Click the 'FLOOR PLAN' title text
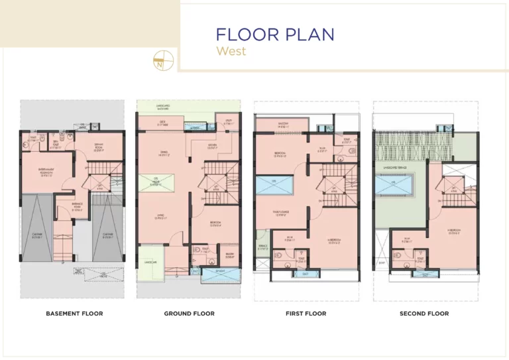(275, 34)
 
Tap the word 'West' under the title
(231, 51)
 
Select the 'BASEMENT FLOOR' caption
(74, 314)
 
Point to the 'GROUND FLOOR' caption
(189, 314)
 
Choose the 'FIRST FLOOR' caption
(306, 314)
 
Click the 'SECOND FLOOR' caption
(424, 314)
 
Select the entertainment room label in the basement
(46, 174)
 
